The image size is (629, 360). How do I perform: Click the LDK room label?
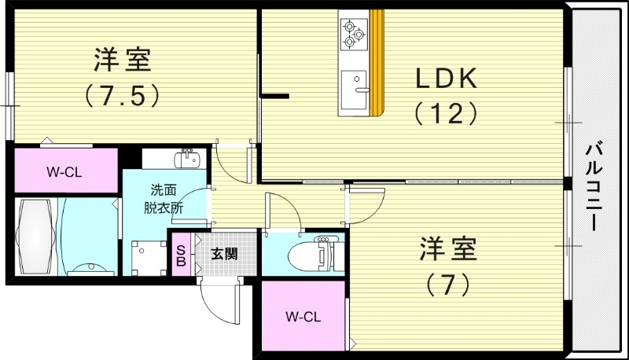(447, 79)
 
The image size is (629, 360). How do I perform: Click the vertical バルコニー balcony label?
(595, 185)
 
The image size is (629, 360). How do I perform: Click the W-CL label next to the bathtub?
(64, 171)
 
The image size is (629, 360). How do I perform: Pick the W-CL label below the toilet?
(303, 318)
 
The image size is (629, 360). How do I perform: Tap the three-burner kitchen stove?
(353, 32)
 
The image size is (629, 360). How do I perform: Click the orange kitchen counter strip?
(377, 63)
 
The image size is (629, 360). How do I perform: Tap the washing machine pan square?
(147, 255)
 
